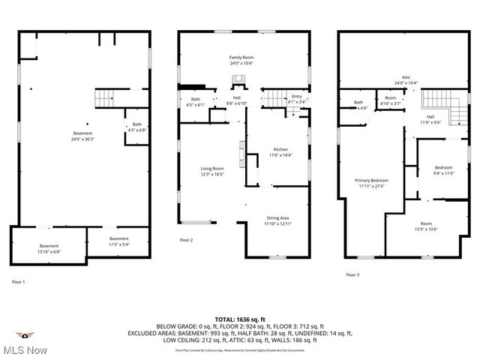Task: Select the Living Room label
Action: point(211,169)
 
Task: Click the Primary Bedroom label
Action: point(371,181)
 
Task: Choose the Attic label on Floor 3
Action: point(406,77)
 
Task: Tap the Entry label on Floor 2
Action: point(297,96)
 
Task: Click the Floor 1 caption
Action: point(18,281)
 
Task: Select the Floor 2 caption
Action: point(186,240)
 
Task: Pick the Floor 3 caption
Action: point(352,275)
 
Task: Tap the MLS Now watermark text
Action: point(25,349)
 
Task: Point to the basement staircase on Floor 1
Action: point(103,97)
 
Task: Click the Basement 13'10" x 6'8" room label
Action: point(49,247)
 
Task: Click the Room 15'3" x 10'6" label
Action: point(426,224)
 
